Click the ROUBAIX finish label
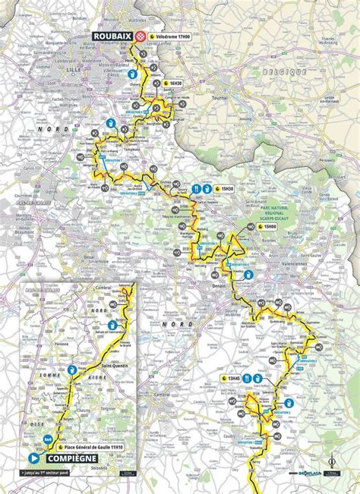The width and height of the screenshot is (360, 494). [x=112, y=36]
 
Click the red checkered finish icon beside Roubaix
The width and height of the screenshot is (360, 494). [x=140, y=36]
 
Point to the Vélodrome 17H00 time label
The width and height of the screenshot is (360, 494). [x=175, y=36]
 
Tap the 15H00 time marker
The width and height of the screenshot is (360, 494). [x=269, y=226]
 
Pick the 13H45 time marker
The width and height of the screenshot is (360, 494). [x=232, y=376]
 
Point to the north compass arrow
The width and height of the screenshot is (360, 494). [x=332, y=460]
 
